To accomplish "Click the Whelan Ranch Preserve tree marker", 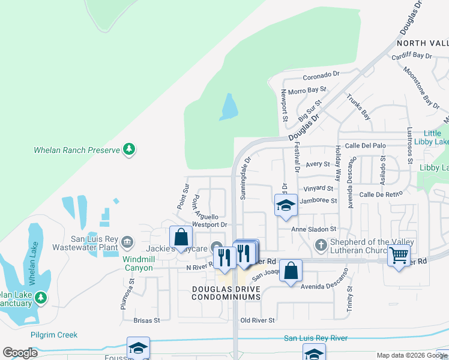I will pyautogui.click(x=128, y=149).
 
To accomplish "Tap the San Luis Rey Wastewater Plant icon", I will pyautogui.click(x=127, y=242).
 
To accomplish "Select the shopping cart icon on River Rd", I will pyautogui.click(x=399, y=256).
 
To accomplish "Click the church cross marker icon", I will pyautogui.click(x=321, y=245).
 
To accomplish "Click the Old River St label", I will pyautogui.click(x=258, y=320).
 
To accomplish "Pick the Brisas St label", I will pyautogui.click(x=146, y=320).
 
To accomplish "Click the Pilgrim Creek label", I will pyautogui.click(x=55, y=335).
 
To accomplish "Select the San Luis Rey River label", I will pyautogui.click(x=316, y=338).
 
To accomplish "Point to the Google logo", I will pyautogui.click(x=20, y=353).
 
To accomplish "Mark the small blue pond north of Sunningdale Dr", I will pyautogui.click(x=229, y=107).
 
